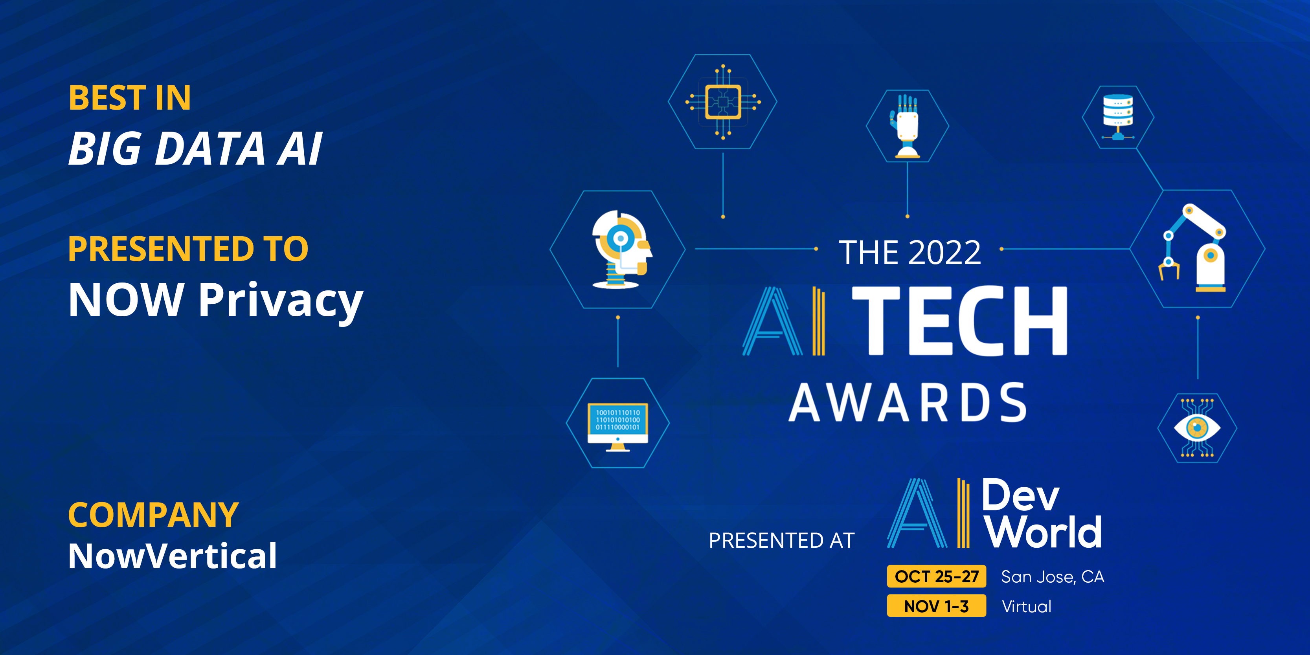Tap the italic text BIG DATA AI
[x=195, y=149]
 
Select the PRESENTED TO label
[x=188, y=249]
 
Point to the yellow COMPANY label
[x=154, y=515]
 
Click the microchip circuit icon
[x=723, y=102]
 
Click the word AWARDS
[x=908, y=403]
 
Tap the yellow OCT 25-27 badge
[x=936, y=576]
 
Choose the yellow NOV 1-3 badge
[x=936, y=605]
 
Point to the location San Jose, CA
[x=1053, y=577]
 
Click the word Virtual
[x=1026, y=606]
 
